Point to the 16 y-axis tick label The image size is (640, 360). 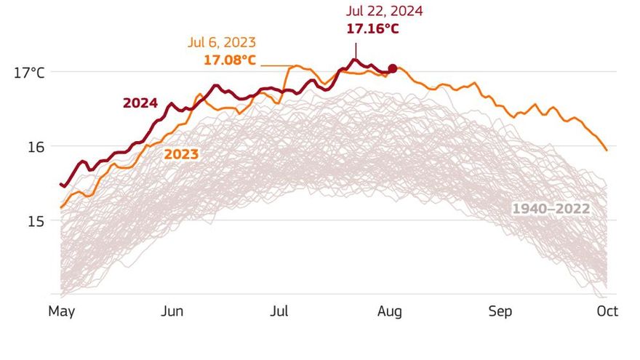pyautogui.click(x=36, y=146)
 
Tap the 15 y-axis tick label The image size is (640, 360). pyautogui.click(x=36, y=220)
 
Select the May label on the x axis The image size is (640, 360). pyautogui.click(x=63, y=311)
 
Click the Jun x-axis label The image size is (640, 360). pyautogui.click(x=172, y=311)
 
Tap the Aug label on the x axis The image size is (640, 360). pyautogui.click(x=389, y=311)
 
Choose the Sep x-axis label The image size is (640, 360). pyautogui.click(x=500, y=311)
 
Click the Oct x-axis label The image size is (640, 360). pyautogui.click(x=607, y=311)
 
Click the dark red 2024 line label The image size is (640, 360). pyautogui.click(x=140, y=103)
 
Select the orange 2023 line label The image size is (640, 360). pyautogui.click(x=181, y=154)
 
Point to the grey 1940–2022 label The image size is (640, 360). pyautogui.click(x=551, y=209)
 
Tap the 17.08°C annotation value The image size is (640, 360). pyautogui.click(x=229, y=59)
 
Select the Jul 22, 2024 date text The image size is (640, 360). pyautogui.click(x=384, y=11)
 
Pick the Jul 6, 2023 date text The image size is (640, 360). pyautogui.click(x=222, y=42)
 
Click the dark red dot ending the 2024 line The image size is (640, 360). pyautogui.click(x=393, y=68)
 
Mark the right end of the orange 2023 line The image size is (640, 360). pyautogui.click(x=607, y=150)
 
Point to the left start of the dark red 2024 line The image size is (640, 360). pyautogui.click(x=60, y=184)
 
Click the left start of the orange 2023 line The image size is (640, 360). pyautogui.click(x=60, y=207)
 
